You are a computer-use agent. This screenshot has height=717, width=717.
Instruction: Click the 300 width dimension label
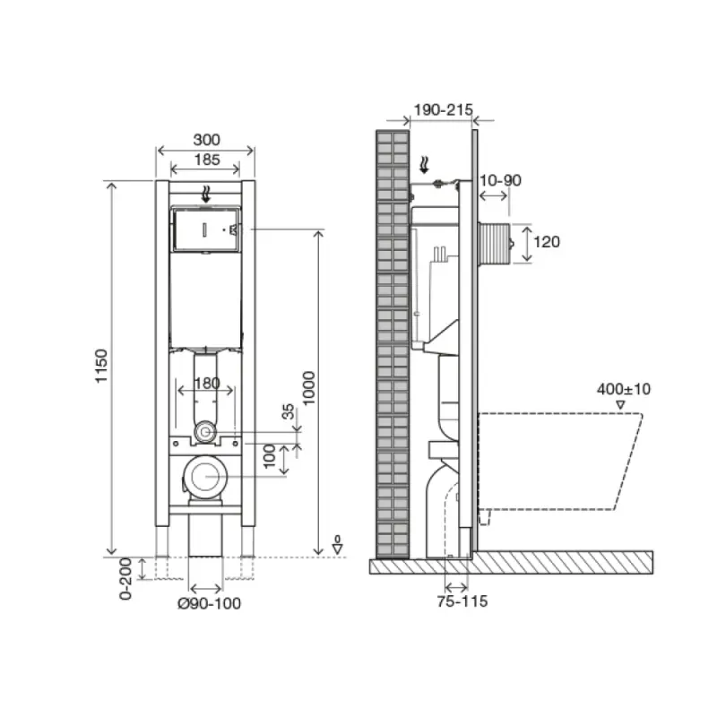tap(206, 140)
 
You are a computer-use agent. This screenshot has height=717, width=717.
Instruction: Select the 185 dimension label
tap(207, 160)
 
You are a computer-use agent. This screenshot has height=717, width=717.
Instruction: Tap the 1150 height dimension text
tap(101, 367)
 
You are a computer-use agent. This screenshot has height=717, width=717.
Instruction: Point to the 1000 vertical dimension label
tap(309, 388)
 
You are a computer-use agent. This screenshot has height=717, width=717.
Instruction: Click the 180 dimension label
tap(207, 383)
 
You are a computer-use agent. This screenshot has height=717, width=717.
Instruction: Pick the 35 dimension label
tap(288, 411)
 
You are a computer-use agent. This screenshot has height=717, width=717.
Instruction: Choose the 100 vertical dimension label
tap(270, 456)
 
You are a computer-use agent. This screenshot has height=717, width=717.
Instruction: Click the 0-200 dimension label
tap(125, 579)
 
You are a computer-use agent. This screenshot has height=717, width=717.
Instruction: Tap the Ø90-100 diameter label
tap(209, 603)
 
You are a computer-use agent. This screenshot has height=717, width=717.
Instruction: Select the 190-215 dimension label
tap(443, 109)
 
